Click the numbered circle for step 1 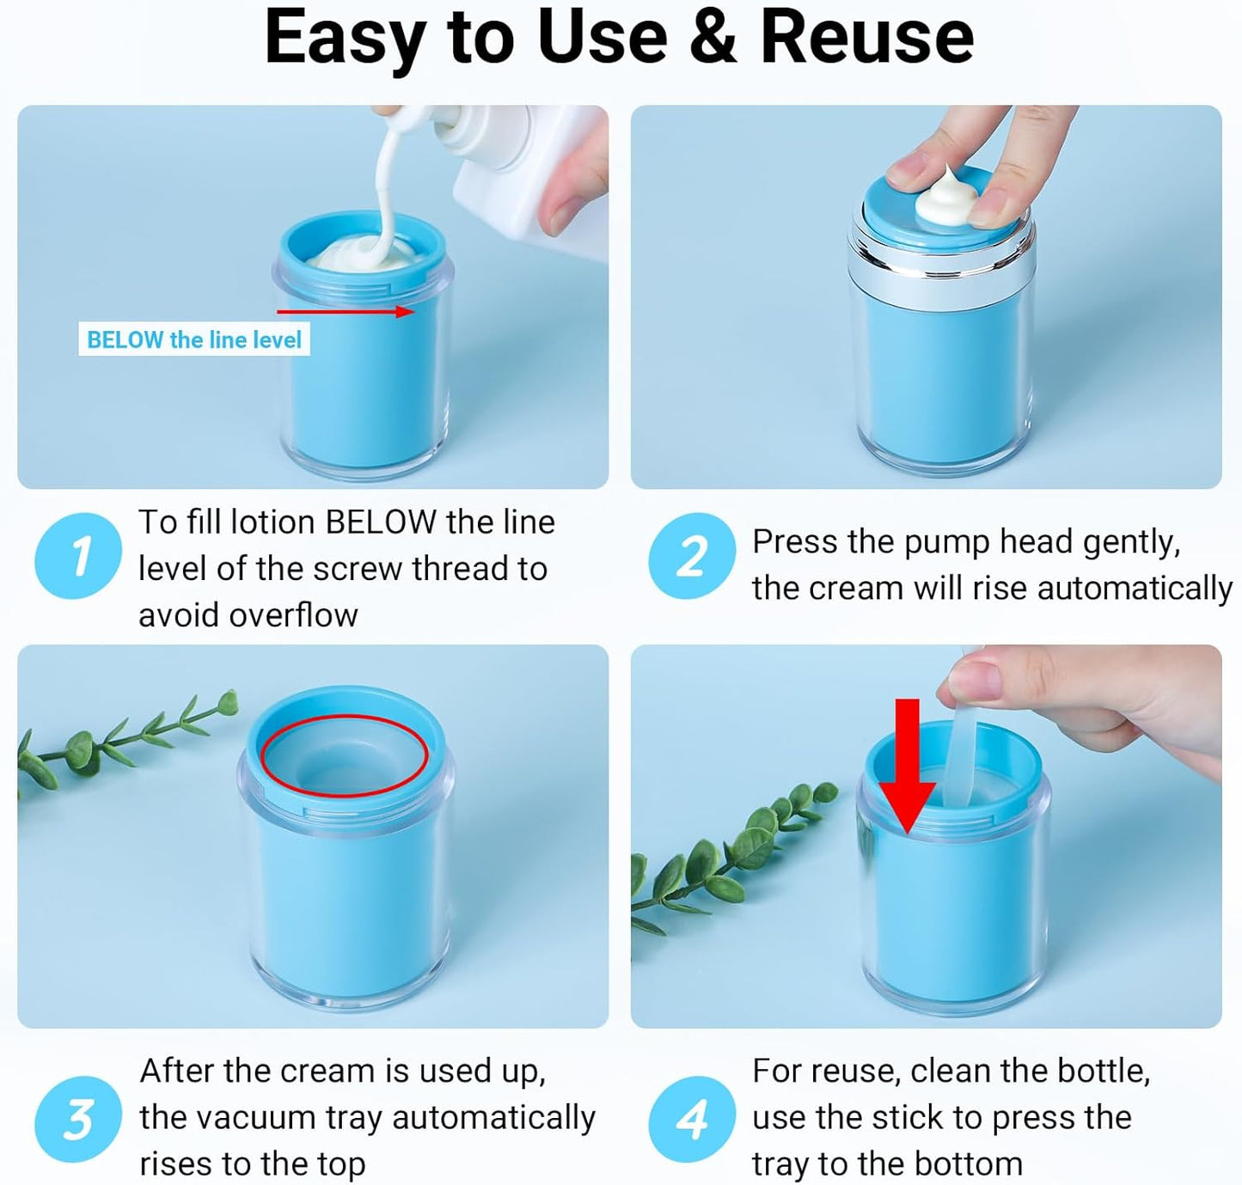pos(78,556)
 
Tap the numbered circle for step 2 pos(692,556)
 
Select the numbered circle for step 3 pos(78,1120)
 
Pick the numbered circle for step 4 pos(692,1120)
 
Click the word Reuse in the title pos(866,38)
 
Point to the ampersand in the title pos(713,38)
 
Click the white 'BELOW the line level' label pos(194,339)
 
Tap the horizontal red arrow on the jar pos(346,311)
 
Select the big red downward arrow pos(907,766)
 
